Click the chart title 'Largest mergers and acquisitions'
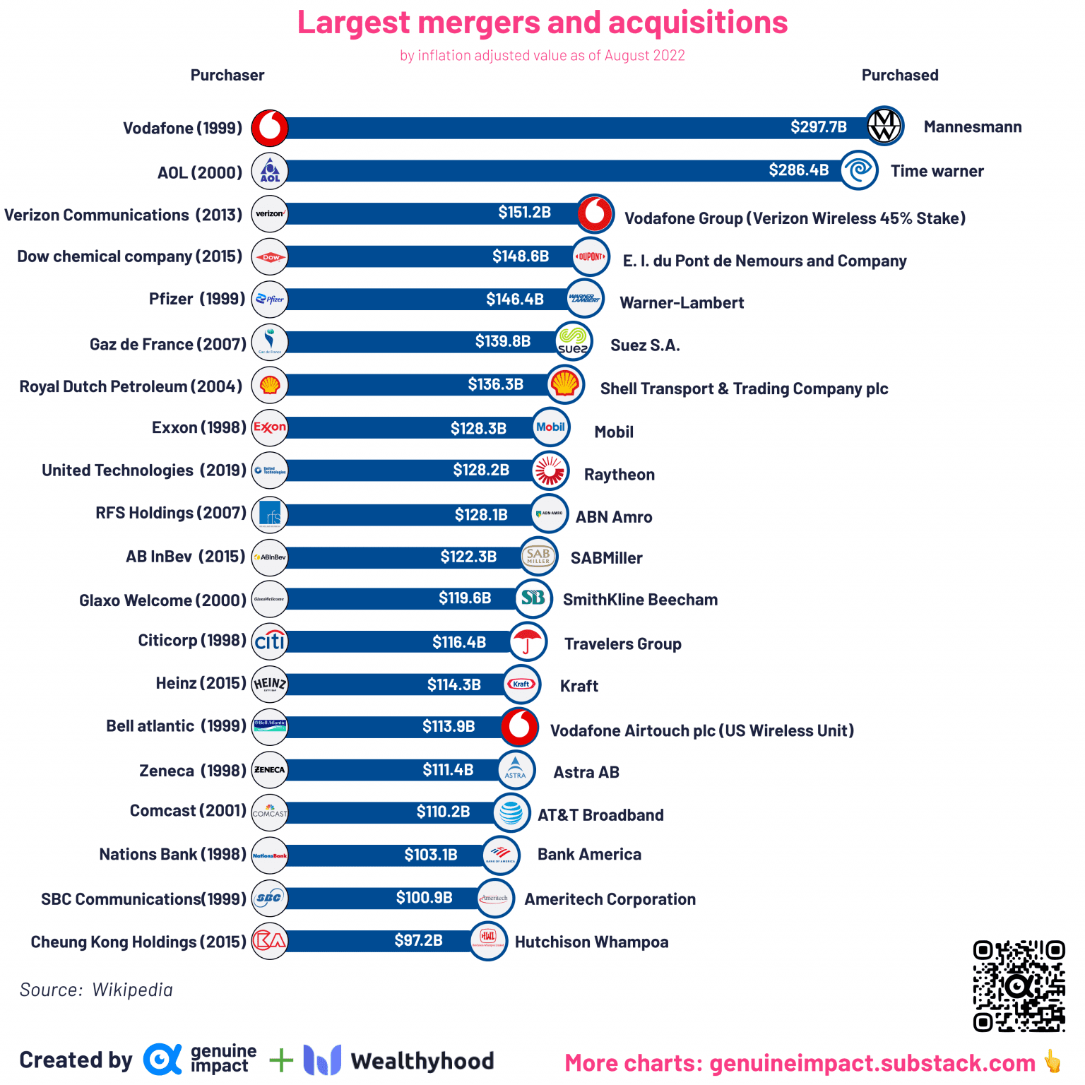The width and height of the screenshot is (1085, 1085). click(542, 23)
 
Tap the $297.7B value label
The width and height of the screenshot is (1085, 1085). click(818, 127)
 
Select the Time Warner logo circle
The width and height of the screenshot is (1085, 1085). click(859, 170)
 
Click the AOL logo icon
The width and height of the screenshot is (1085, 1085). click(270, 171)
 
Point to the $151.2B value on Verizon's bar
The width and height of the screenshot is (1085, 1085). click(524, 213)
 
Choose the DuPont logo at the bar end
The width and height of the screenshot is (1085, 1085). click(591, 256)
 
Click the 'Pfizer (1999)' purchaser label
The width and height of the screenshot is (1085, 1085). click(196, 299)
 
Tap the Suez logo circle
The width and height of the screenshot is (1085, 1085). click(573, 341)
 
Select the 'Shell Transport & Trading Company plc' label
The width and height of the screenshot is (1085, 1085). click(744, 389)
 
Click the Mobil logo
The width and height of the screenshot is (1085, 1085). click(550, 427)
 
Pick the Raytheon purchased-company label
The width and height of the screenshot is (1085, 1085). click(619, 475)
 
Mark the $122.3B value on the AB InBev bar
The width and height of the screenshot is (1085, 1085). click(468, 557)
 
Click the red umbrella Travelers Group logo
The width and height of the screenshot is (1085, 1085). click(528, 642)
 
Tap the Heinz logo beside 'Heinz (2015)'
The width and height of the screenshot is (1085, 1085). click(270, 684)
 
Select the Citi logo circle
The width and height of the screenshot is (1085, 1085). click(270, 641)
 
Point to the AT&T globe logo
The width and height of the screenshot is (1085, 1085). click(511, 812)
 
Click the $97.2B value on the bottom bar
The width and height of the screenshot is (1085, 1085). click(418, 941)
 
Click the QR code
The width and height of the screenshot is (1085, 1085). click(1018, 985)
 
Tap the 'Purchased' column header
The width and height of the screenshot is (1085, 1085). click(899, 76)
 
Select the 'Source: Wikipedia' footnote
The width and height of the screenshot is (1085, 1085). click(96, 990)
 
